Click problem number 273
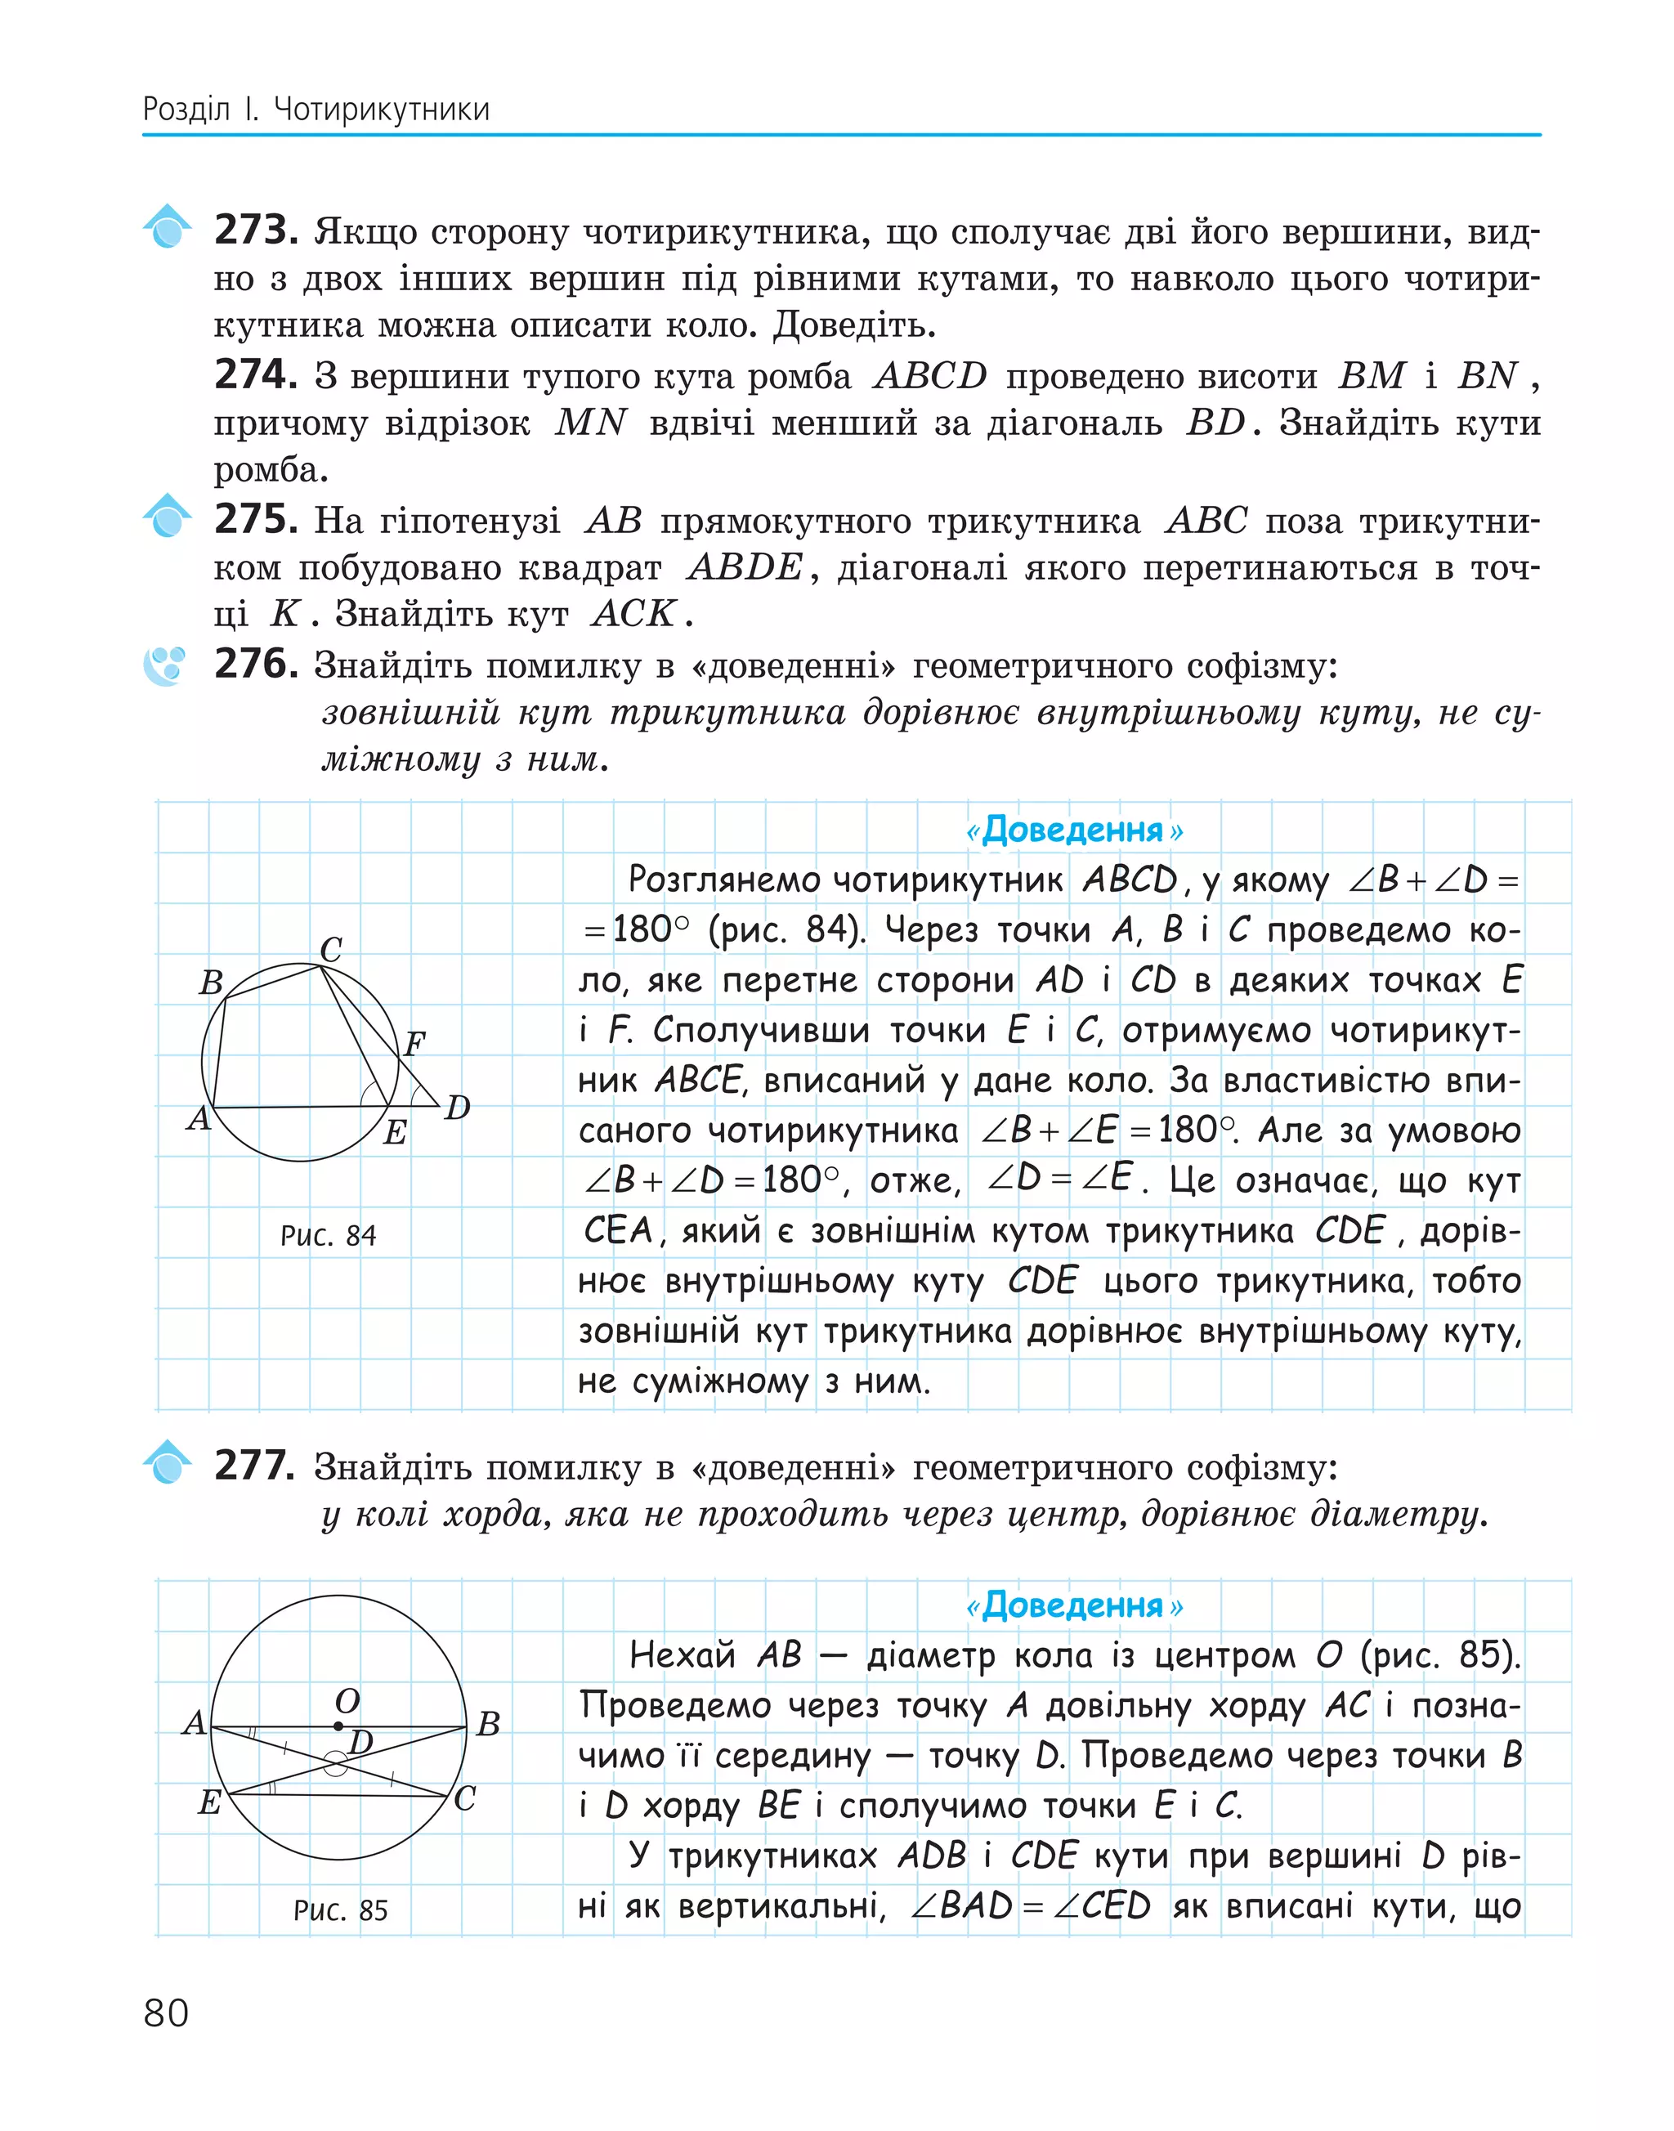(255, 231)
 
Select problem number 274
(255, 374)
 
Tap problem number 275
(255, 520)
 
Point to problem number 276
(255, 665)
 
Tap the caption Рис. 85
(340, 1909)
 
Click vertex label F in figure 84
(414, 1043)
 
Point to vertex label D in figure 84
(458, 1108)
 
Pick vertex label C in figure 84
(331, 949)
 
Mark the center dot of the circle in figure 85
(338, 1726)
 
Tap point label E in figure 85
(208, 1802)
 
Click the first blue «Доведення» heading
(1073, 830)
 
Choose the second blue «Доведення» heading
(1073, 1605)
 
